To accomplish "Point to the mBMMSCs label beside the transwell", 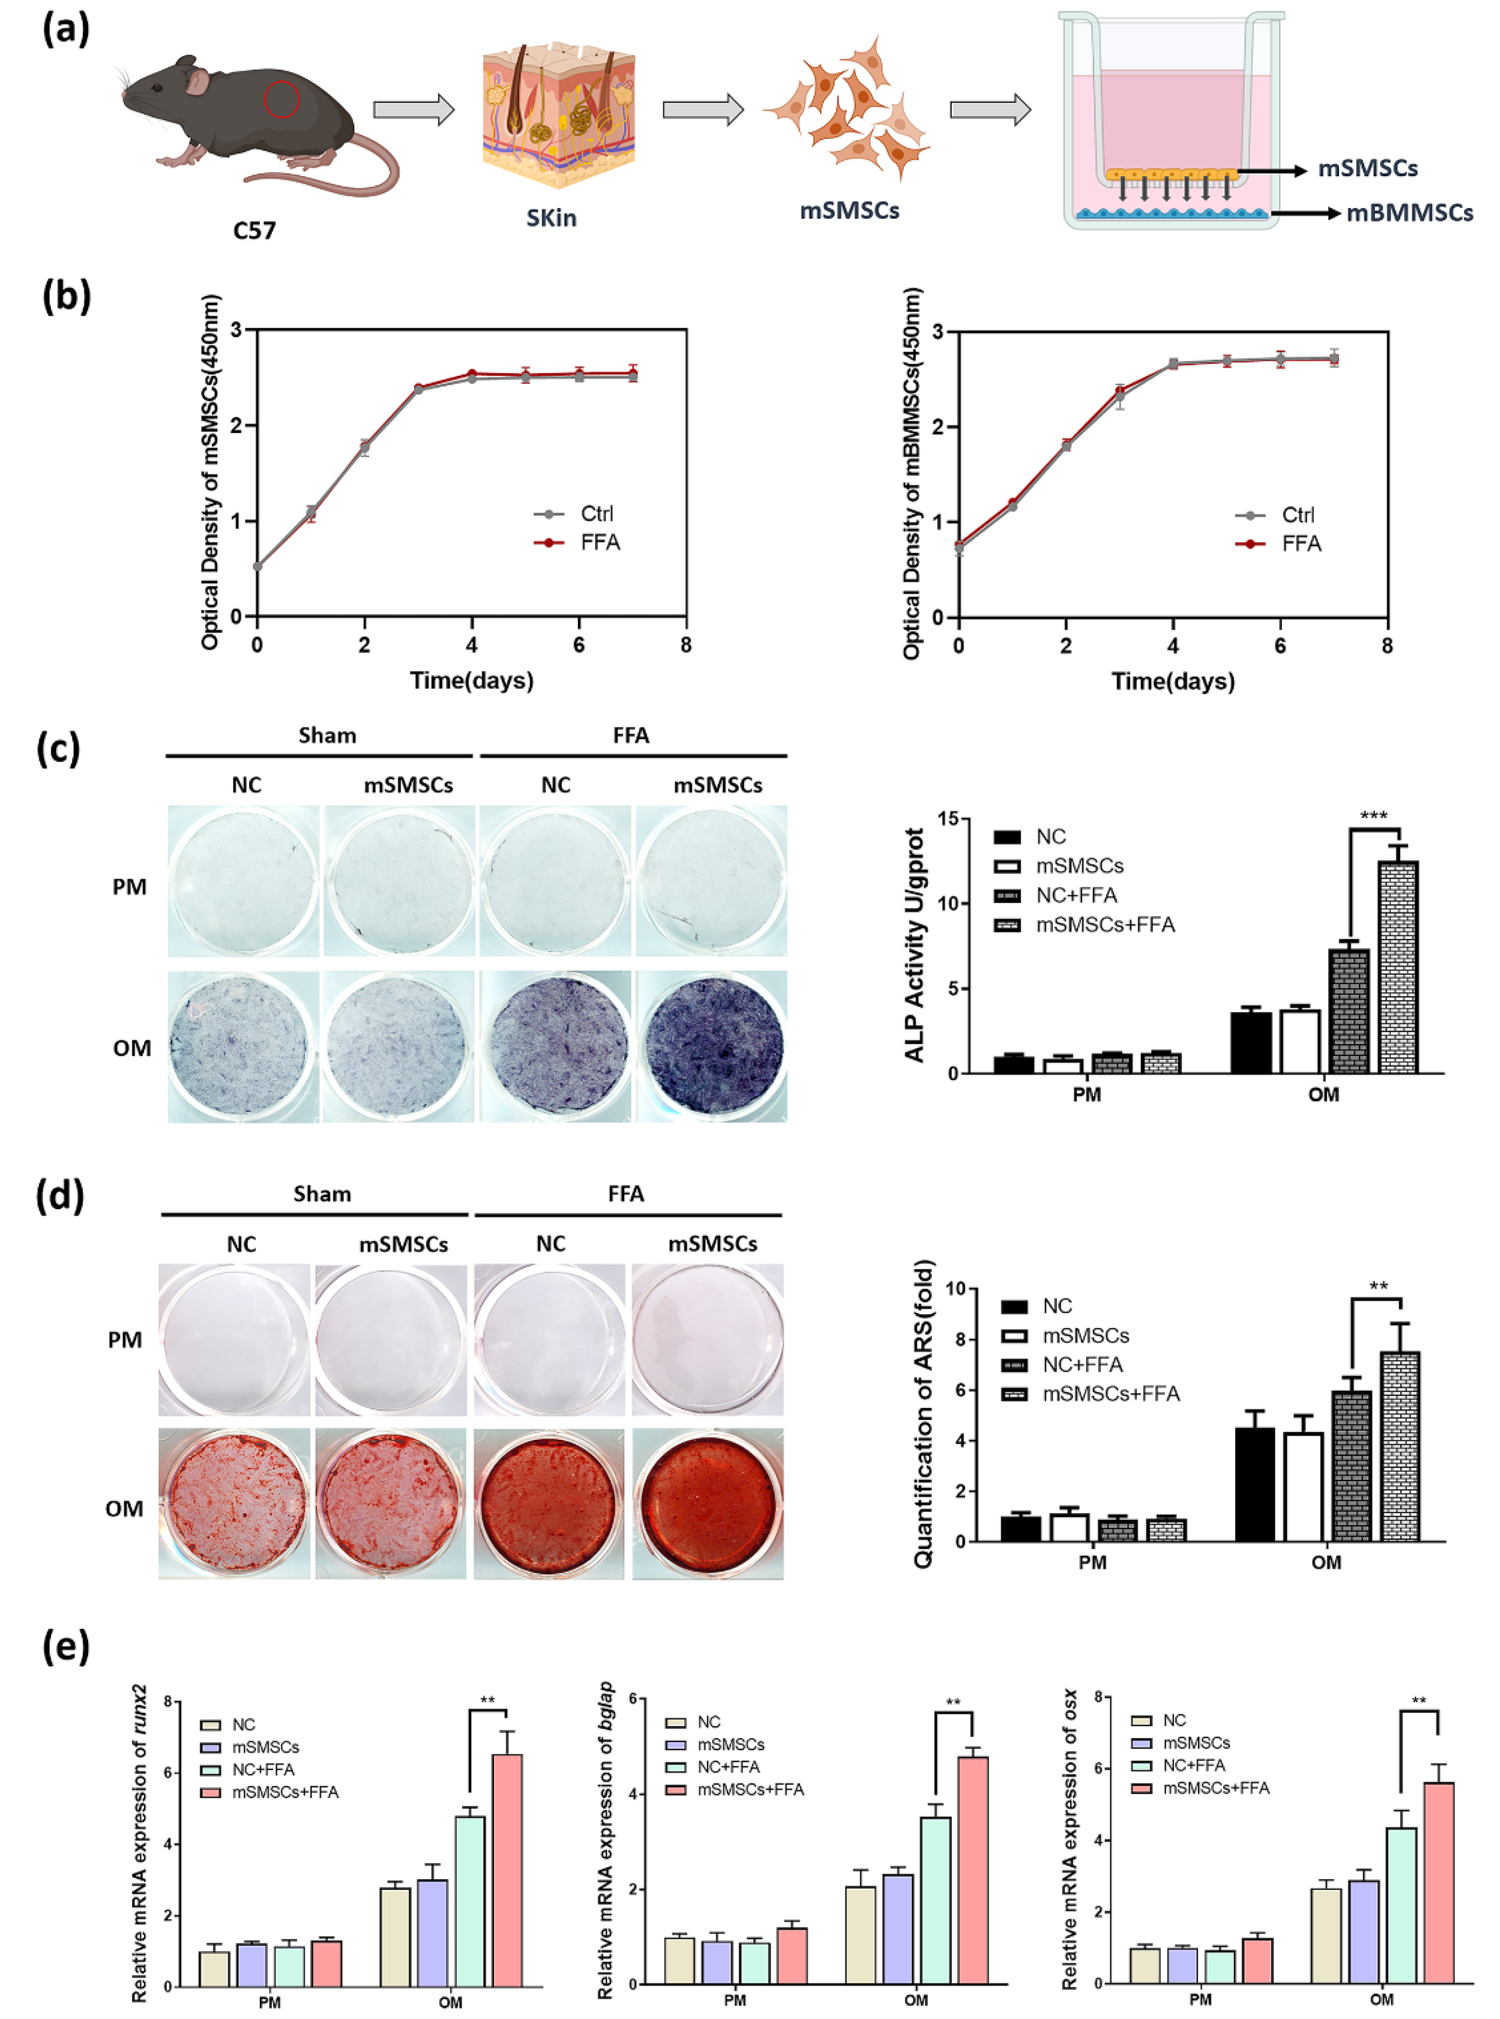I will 1409,213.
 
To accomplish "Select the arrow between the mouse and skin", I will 413,110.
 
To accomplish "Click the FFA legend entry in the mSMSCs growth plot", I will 599,542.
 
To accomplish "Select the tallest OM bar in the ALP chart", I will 1397,967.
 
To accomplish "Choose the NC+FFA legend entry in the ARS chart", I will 1082,1364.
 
